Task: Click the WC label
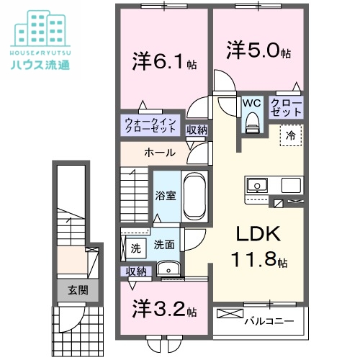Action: tap(251, 104)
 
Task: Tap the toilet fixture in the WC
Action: tap(251, 124)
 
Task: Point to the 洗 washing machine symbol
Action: tap(135, 247)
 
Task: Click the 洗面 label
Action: tap(163, 245)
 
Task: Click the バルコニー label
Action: tap(267, 319)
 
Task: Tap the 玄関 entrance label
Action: tap(77, 291)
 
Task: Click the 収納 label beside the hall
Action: tap(197, 130)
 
